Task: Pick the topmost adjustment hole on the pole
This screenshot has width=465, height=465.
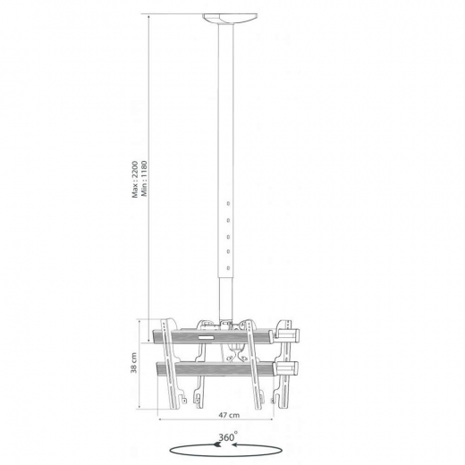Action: click(x=229, y=201)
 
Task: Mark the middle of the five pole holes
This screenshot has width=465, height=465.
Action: click(x=229, y=235)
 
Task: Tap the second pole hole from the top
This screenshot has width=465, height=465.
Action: click(x=229, y=218)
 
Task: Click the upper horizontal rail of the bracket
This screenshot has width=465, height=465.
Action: click(x=215, y=338)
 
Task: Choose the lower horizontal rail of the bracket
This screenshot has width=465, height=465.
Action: click(x=215, y=368)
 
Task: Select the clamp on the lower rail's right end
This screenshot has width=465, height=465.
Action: click(x=288, y=368)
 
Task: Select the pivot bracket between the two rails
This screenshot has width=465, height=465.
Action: click(x=234, y=352)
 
